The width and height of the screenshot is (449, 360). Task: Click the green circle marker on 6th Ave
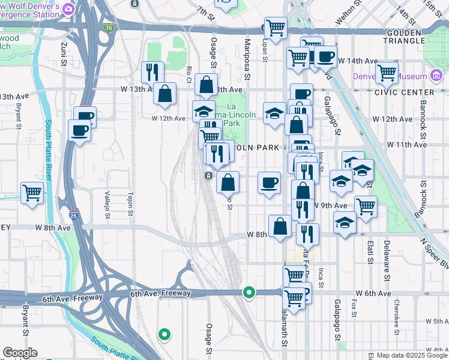[x=249, y=293]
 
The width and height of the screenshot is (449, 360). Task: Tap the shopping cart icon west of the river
[x=32, y=193]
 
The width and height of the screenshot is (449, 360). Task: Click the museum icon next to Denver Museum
[x=436, y=76]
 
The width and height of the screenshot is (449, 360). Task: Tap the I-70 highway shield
[x=108, y=28]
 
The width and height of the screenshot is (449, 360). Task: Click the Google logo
[x=20, y=353]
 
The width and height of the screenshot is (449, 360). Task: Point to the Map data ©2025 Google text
[x=412, y=355]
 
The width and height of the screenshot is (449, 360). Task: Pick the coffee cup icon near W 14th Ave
[x=326, y=57]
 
